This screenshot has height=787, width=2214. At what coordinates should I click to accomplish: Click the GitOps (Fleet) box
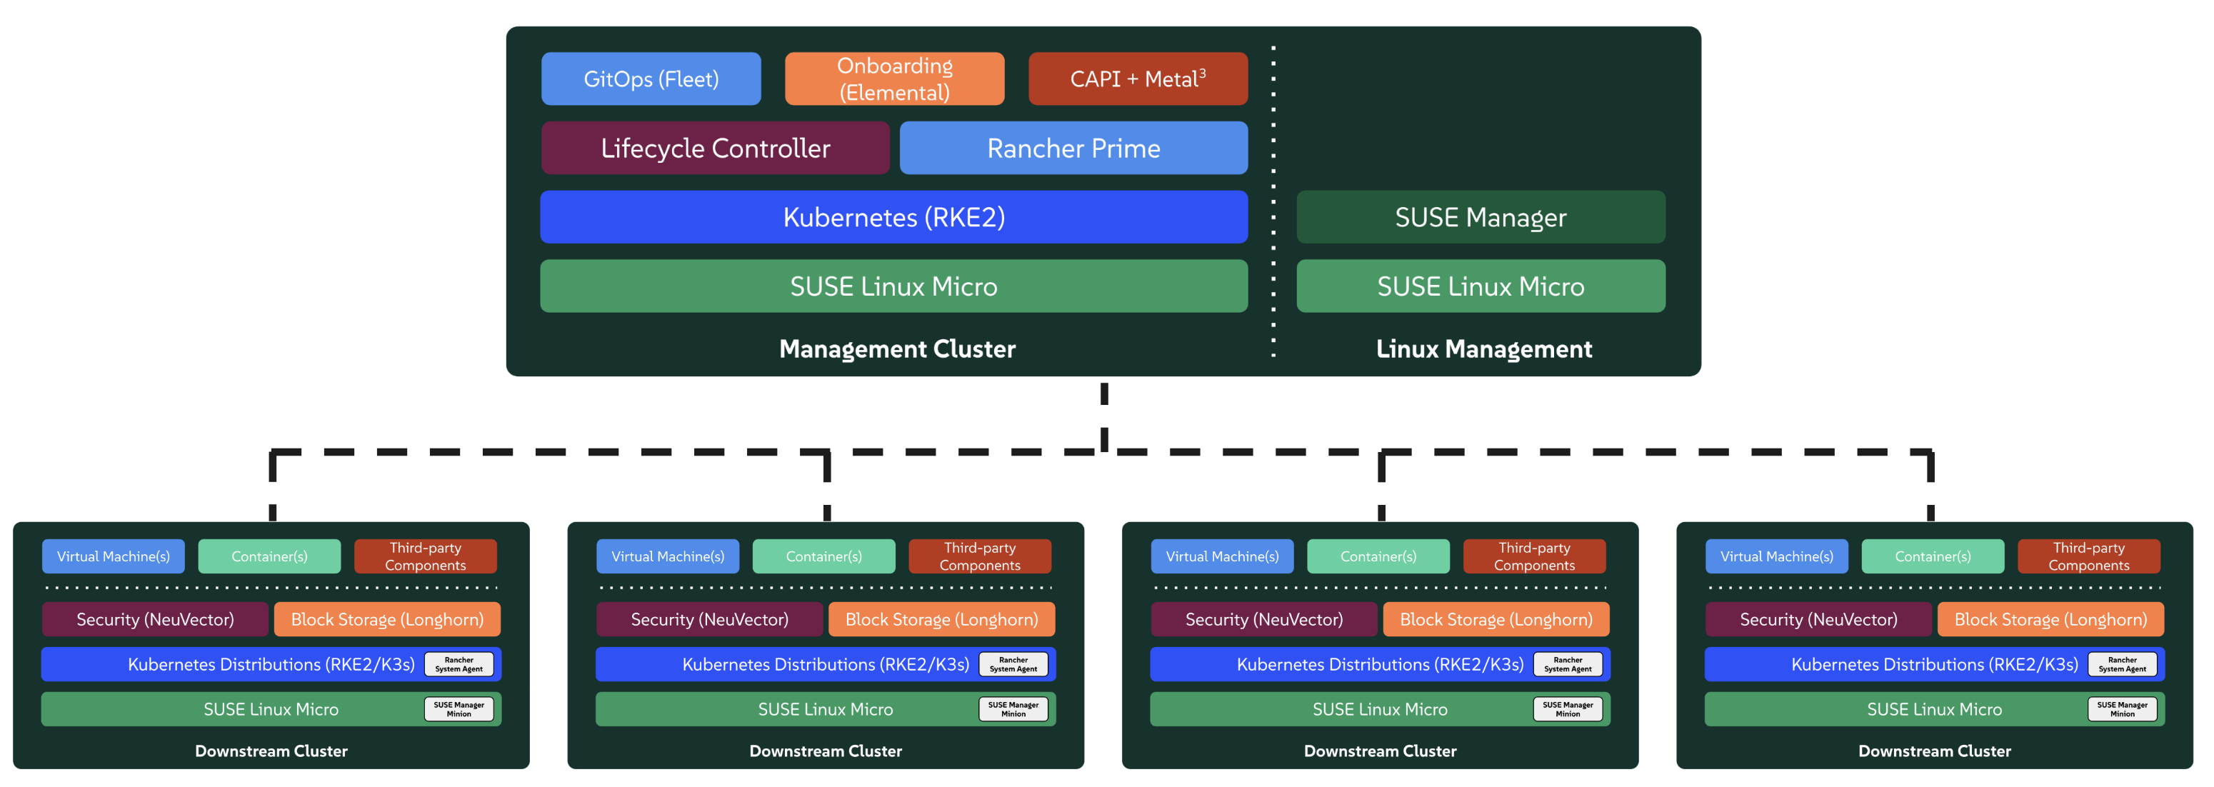651,79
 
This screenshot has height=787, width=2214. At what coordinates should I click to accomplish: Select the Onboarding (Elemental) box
894,79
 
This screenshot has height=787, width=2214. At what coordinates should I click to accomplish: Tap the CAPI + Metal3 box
1137,79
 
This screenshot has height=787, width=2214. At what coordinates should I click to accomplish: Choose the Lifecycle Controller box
715,148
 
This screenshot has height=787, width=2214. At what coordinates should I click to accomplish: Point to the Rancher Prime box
1073,148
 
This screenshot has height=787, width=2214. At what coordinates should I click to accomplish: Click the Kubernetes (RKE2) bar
894,217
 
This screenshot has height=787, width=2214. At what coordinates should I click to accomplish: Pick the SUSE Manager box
1480,217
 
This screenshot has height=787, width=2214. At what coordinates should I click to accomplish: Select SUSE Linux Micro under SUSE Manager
1480,286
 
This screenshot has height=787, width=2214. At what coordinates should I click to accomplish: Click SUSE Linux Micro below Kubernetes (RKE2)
894,286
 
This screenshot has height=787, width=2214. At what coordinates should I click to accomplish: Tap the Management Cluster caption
896,349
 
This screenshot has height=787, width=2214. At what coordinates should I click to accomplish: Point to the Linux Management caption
1483,349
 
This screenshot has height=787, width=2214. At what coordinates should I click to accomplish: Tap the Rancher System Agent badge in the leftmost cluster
459,665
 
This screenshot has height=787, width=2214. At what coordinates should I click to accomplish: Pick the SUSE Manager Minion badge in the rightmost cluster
2122,710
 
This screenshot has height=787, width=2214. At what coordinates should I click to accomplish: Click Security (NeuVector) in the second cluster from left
709,619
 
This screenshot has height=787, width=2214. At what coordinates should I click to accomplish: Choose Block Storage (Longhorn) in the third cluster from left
1496,619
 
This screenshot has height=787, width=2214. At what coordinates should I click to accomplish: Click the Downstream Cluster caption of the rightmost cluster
1934,751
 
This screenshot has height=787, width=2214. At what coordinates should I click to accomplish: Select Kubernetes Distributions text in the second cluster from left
825,665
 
